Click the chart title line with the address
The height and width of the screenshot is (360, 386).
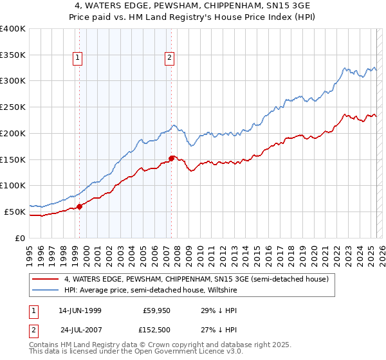click(193, 6)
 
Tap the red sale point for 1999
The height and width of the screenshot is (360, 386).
click(80, 206)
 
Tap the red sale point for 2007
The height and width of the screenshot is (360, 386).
click(172, 157)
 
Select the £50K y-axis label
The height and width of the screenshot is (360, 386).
click(14, 212)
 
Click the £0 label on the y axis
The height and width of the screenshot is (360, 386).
click(19, 238)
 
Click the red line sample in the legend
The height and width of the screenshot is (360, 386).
click(46, 279)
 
